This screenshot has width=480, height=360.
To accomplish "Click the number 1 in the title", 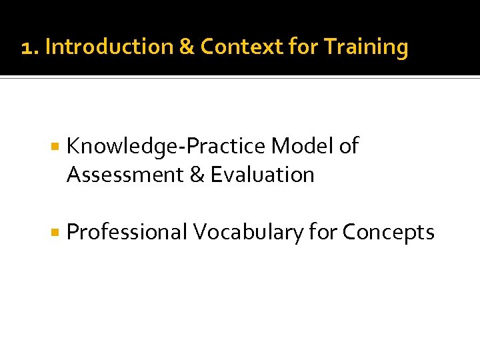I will point(26,48).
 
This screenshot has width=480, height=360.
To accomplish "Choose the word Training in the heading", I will point(365,48).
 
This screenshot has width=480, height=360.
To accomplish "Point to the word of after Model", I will point(348,145).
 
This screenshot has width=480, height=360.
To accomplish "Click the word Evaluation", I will point(262,175).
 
